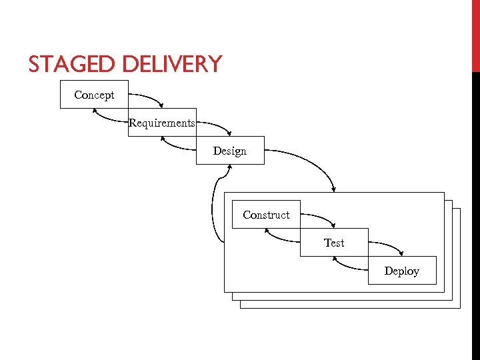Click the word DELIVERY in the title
(172, 64)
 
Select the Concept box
(94, 95)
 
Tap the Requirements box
(162, 123)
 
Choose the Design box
(230, 151)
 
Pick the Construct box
(266, 215)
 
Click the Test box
(334, 243)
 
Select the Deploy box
(402, 271)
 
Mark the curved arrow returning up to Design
(213, 207)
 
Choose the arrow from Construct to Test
(320, 217)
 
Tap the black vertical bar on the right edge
(475, 213)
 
